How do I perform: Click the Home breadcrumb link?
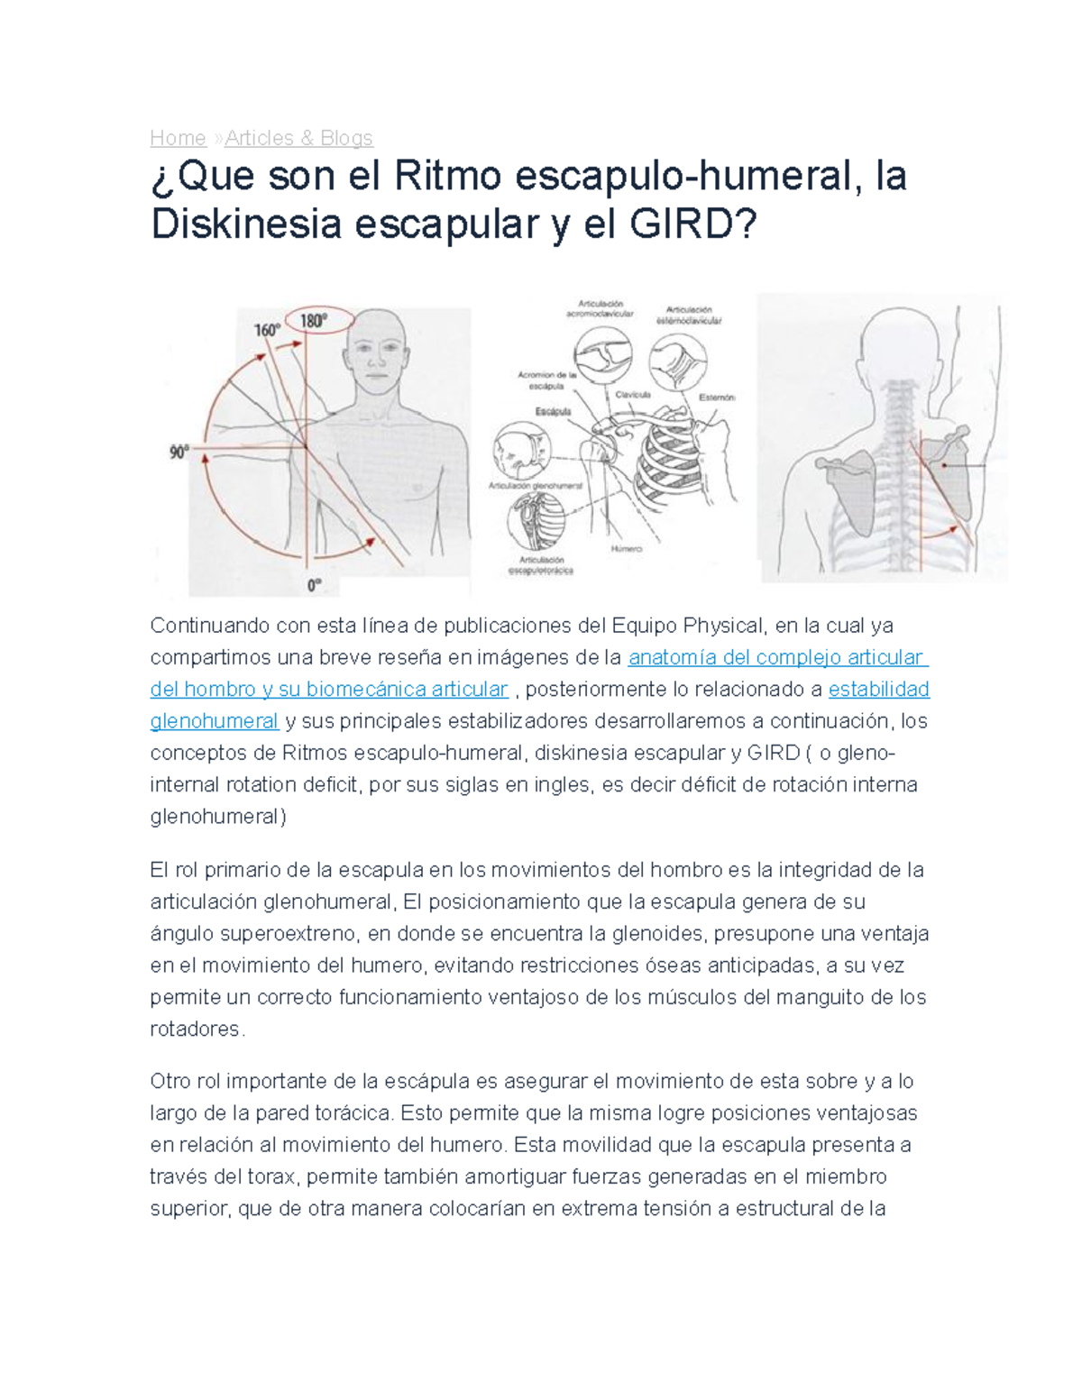178,138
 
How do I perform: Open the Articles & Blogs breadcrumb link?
298,138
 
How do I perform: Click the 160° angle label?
266,331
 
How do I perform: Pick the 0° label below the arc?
314,585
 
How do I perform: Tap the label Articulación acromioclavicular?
600,309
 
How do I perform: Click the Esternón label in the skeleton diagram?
718,398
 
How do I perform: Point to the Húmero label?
627,548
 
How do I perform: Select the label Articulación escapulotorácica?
542,565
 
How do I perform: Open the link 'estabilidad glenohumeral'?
877,690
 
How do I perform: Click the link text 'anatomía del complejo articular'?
777,657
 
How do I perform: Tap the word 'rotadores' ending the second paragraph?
196,1029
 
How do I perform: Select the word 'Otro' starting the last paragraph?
170,1081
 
